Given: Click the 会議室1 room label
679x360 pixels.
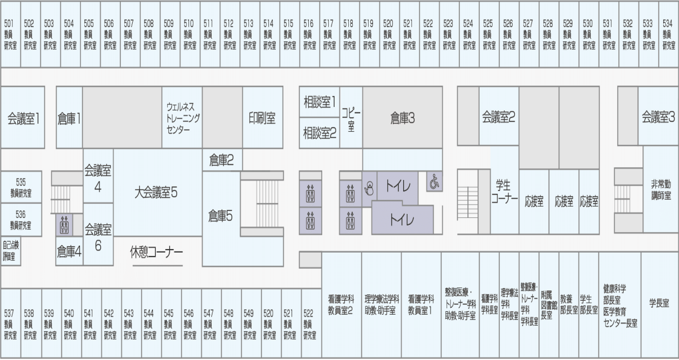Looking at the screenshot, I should coord(23,118).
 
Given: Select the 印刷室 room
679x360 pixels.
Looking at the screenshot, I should coord(263,118).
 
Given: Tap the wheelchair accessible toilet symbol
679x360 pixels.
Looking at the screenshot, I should coord(434,181).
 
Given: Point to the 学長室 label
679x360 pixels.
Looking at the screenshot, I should coord(659,303).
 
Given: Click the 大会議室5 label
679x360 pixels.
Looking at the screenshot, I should coord(156,193).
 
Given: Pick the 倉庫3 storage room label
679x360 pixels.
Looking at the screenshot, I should coord(403,118).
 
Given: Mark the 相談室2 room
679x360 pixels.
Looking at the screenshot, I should coord(319,133).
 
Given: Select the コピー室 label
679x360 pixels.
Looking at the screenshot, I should coord(351,119).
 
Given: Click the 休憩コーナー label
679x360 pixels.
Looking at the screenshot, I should coord(156,252).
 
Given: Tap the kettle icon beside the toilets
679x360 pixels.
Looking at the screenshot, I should coord(369,189).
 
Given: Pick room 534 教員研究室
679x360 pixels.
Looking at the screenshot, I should coord(668,35).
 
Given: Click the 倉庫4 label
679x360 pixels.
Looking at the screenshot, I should coord(69,252).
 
